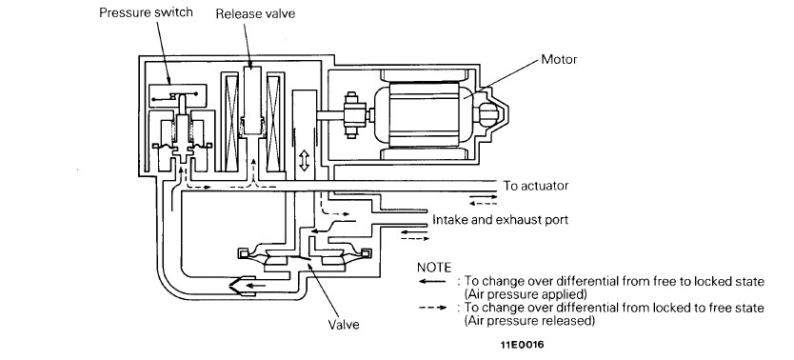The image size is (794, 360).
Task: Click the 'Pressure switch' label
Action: point(146,12)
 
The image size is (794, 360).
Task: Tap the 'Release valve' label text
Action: point(255,13)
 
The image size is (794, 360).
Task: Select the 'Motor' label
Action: point(559,59)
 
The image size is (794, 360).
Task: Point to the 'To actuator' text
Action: point(536,186)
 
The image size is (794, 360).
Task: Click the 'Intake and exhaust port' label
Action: point(500,219)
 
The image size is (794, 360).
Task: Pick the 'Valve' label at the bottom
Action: point(344,324)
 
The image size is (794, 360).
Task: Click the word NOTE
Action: point(433,268)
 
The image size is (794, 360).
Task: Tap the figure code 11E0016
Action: point(522,345)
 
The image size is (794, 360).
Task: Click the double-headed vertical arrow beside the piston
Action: point(304,161)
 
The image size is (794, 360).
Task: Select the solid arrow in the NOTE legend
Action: point(432,282)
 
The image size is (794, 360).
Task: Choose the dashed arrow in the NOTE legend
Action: point(432,308)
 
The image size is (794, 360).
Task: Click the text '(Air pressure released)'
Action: point(529,321)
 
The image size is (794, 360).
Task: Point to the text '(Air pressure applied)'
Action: point(526,294)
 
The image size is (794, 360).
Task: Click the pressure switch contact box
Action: point(178,95)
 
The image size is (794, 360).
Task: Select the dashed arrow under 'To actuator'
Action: point(483,204)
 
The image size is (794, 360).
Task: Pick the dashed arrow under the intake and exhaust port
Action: point(415,238)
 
